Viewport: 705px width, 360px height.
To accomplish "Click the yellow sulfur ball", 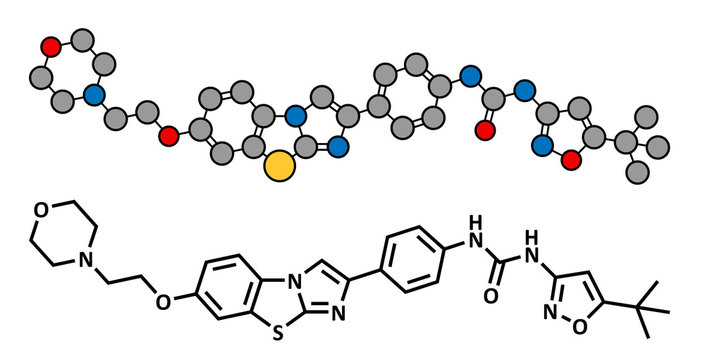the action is (281, 167).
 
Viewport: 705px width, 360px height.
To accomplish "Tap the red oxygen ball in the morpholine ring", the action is (52, 46).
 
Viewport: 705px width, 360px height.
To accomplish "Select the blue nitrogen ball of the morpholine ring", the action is (95, 97).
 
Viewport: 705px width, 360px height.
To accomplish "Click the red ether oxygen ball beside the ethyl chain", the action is (169, 135).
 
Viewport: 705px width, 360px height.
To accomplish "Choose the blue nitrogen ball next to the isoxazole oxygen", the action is (543, 146).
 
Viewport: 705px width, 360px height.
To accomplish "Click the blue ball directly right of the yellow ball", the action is (337, 150).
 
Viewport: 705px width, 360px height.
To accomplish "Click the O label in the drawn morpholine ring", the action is (40, 210).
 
